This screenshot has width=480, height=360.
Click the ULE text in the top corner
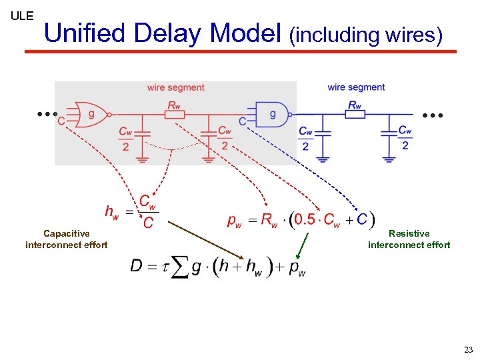click(x=22, y=15)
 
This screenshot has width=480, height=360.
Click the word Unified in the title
click(x=85, y=33)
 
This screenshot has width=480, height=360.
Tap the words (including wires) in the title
click(x=365, y=35)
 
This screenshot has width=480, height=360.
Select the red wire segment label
click(x=176, y=87)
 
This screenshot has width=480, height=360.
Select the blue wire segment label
click(x=356, y=87)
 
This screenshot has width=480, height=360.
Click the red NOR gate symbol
click(x=89, y=114)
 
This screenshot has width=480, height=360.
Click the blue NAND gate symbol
click(x=271, y=114)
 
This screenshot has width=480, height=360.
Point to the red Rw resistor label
click(x=173, y=105)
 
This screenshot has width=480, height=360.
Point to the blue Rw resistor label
click(x=355, y=105)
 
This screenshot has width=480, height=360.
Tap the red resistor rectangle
click(x=174, y=115)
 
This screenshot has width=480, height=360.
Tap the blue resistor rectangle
click(x=355, y=115)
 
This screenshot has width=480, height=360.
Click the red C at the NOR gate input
click(x=61, y=121)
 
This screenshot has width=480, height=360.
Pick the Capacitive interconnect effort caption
click(x=66, y=239)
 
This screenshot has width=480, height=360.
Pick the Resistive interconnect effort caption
click(x=409, y=239)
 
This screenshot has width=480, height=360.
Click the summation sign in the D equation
click(x=179, y=268)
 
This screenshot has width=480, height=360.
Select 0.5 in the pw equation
click(x=305, y=219)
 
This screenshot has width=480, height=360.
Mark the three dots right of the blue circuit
click(x=432, y=115)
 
